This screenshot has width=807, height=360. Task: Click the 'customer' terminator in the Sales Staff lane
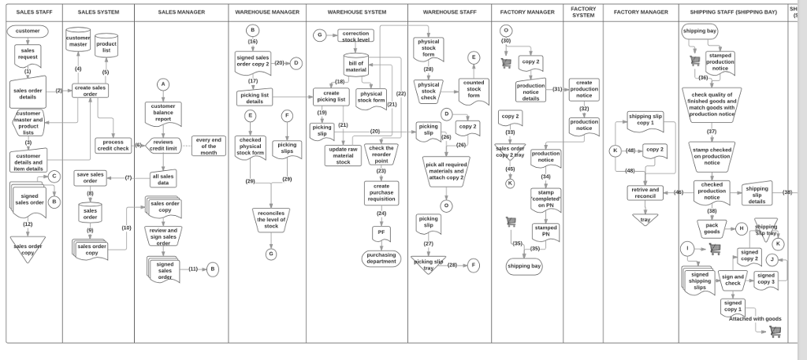pyautogui.click(x=28, y=31)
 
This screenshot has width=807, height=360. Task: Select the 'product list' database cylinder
pyautogui.click(x=106, y=46)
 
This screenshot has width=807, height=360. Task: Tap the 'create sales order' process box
pyautogui.click(x=90, y=91)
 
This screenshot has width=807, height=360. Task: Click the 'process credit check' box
pyautogui.click(x=113, y=146)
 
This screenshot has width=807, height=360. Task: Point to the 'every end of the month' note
pyautogui.click(x=208, y=146)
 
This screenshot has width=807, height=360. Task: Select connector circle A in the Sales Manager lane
pyautogui.click(x=163, y=84)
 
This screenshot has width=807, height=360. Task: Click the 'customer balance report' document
pyautogui.click(x=163, y=113)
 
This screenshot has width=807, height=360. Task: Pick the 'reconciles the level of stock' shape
pyautogui.click(x=271, y=219)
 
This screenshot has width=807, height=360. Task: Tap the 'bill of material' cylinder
pyautogui.click(x=356, y=66)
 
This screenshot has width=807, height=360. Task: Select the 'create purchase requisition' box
pyautogui.click(x=381, y=191)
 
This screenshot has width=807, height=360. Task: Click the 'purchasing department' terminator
pyautogui.click(x=381, y=258)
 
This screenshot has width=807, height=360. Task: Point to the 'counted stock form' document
pyautogui.click(x=473, y=88)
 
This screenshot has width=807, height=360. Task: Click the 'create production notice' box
pyautogui.click(x=584, y=89)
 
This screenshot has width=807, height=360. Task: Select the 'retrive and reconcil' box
pyautogui.click(x=645, y=192)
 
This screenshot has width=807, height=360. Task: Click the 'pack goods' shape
pyautogui.click(x=712, y=228)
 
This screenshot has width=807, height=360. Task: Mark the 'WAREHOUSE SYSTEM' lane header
pyautogui.click(x=357, y=13)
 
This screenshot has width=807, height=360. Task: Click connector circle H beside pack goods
pyautogui.click(x=741, y=228)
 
